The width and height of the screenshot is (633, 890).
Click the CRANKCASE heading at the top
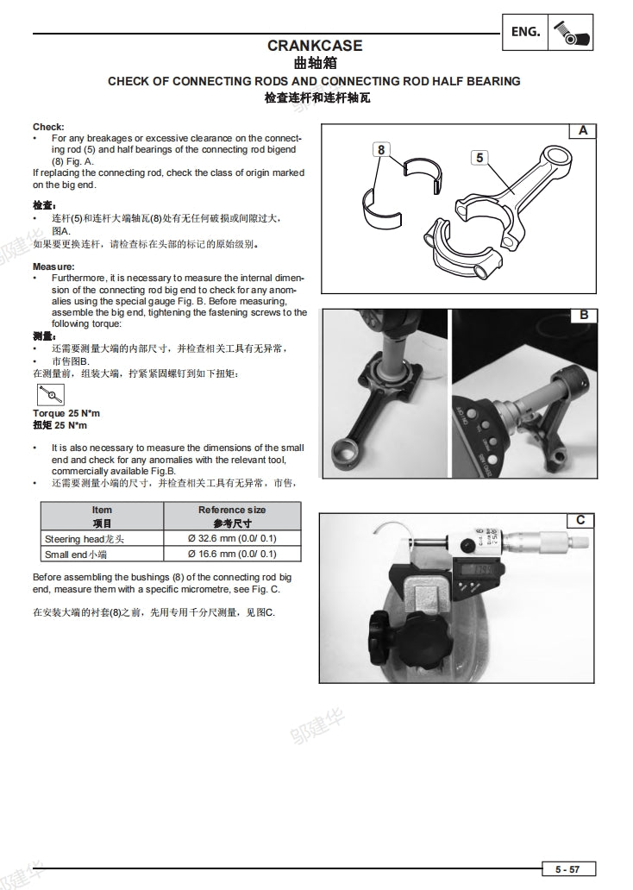pyautogui.click(x=315, y=46)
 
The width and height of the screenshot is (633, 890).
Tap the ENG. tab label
pyautogui.click(x=525, y=32)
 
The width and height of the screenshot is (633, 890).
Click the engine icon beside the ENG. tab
pyautogui.click(x=570, y=32)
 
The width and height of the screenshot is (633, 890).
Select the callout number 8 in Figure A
pyautogui.click(x=381, y=149)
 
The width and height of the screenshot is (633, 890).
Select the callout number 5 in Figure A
pyautogui.click(x=479, y=157)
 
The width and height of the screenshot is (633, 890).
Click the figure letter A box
pyautogui.click(x=583, y=131)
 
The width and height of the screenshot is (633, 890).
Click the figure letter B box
pyautogui.click(x=583, y=315)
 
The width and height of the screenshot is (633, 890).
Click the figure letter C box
pyautogui.click(x=580, y=519)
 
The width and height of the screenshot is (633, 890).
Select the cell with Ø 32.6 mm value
pyautogui.click(x=232, y=539)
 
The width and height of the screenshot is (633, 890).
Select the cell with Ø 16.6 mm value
pyautogui.click(x=232, y=554)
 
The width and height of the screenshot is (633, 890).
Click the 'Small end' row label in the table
pyautogui.click(x=75, y=554)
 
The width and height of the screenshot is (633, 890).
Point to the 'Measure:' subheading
pyautogui.click(x=53, y=267)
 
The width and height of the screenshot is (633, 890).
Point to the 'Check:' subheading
pyautogui.click(x=48, y=127)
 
